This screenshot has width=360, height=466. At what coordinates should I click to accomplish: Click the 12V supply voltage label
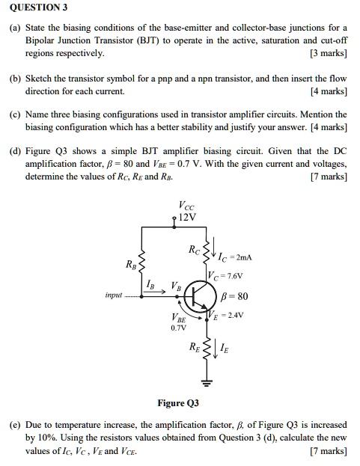[x=187, y=218]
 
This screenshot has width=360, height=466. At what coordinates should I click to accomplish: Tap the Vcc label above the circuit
[x=186, y=206]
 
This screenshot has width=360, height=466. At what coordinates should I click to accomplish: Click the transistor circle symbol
[x=198, y=298]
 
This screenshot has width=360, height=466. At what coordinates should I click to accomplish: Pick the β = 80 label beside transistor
[x=237, y=296]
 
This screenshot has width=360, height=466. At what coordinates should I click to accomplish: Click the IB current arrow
[x=155, y=295]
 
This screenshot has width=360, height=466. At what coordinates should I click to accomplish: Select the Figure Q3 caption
[x=177, y=403]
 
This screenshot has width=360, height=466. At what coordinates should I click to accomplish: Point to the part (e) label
[x=16, y=425]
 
